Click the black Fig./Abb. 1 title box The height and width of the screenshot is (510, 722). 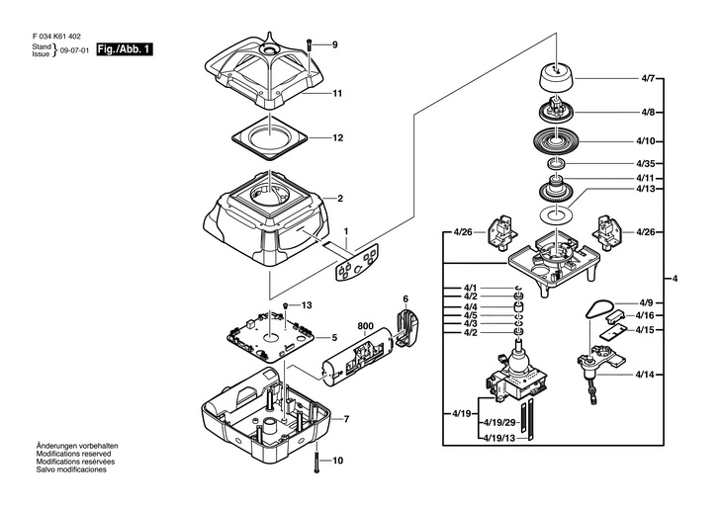tap(125, 49)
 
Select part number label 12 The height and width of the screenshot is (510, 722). tap(337, 138)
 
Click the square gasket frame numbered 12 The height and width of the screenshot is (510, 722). tap(269, 137)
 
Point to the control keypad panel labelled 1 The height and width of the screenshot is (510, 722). tap(357, 262)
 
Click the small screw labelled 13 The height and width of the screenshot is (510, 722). tap(286, 305)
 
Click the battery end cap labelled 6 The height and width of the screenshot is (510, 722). tap(406, 328)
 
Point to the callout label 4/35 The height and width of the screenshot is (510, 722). tap(646, 163)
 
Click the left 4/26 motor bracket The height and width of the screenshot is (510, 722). tap(501, 232)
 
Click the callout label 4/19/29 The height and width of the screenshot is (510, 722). tap(501, 422)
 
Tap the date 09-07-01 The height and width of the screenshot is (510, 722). tap(74, 50)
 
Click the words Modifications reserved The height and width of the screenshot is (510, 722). tap(73, 454)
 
